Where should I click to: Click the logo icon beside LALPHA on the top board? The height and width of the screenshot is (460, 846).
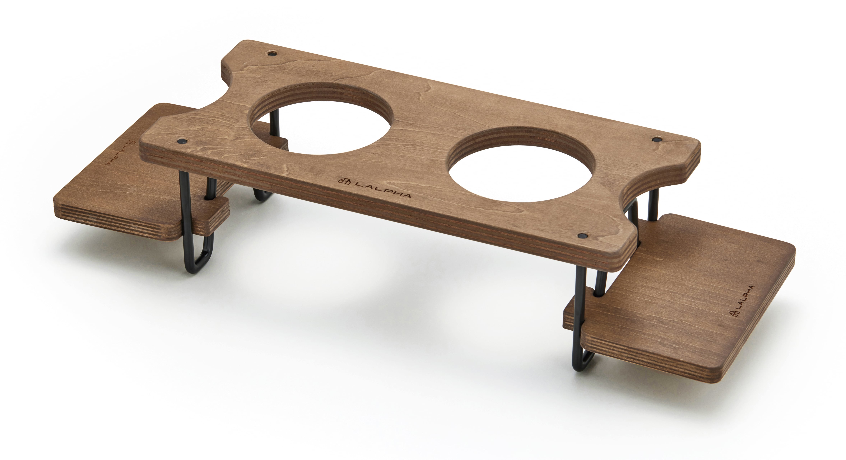click(x=344, y=181)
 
